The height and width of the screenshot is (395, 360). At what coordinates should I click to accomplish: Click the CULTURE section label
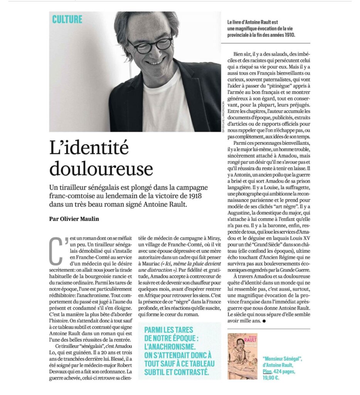67,19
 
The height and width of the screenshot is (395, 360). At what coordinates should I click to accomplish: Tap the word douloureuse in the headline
101,169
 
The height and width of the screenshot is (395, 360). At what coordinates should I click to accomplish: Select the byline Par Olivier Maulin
74,219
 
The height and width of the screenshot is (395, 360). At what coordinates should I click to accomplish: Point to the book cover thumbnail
242,356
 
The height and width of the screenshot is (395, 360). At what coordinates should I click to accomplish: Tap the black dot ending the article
264,321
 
